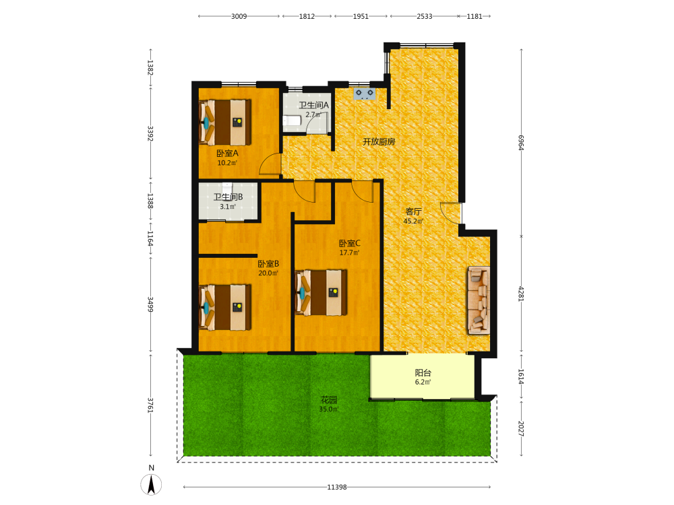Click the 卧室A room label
(227, 154)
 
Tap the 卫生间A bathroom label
(314, 105)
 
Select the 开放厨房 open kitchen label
(379, 141)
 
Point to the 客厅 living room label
(414, 211)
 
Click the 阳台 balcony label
(423, 373)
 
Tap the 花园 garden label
(329, 400)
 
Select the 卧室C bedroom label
(349, 244)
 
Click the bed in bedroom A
(225, 123)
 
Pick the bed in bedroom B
(225, 307)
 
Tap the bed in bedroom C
(321, 292)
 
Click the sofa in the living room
(479, 300)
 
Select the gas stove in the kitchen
(365, 94)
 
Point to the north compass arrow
(151, 485)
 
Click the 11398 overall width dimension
(336, 487)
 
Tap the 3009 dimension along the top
(239, 16)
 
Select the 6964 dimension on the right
(521, 143)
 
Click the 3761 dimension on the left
(150, 405)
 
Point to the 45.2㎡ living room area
(414, 222)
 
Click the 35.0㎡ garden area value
(329, 409)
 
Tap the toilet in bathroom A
(293, 121)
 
